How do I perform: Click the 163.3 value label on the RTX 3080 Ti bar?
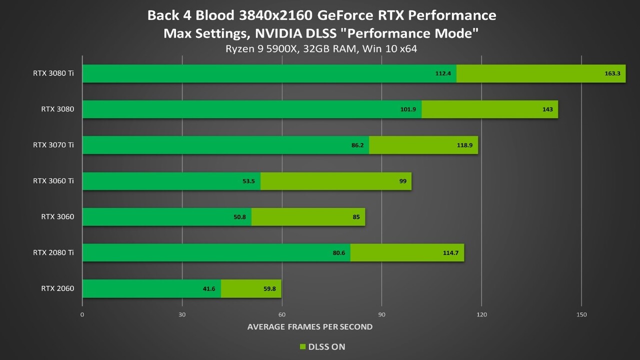[x=612, y=73]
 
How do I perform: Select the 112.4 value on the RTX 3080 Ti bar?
[x=442, y=73]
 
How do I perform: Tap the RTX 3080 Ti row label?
[x=53, y=73]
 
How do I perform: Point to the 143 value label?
[x=547, y=109]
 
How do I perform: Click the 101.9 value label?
[x=408, y=109]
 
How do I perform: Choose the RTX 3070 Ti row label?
[x=53, y=145]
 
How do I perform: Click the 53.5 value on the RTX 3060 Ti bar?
[x=248, y=181]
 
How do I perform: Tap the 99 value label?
[x=403, y=181]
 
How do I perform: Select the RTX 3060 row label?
[x=57, y=216]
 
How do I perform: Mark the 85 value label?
[x=356, y=217]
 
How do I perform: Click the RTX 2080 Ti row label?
[x=53, y=252]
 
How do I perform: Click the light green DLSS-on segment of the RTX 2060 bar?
[x=251, y=288]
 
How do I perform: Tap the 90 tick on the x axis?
[x=381, y=314]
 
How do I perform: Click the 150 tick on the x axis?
[x=581, y=314]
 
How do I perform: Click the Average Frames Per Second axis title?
[x=310, y=327]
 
